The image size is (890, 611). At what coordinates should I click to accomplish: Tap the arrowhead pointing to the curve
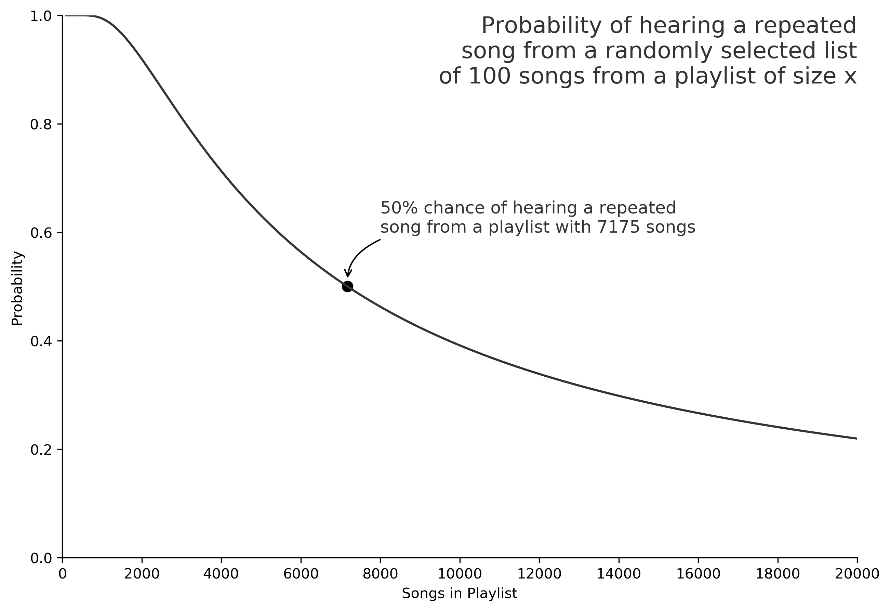point(347,274)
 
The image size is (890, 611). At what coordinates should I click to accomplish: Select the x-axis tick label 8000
point(380,574)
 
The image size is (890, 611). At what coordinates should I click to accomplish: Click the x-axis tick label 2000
point(142,574)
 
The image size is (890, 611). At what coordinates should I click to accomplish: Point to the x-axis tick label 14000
point(619,574)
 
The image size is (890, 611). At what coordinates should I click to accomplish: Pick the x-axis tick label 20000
point(857,574)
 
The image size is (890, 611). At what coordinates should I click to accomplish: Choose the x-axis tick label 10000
point(460,574)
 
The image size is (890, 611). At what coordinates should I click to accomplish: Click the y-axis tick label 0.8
point(41,125)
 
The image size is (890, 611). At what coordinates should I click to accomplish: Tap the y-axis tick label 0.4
point(41,341)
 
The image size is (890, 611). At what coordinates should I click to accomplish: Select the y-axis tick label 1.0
point(41,16)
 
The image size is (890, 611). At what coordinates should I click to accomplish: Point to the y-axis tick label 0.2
point(41,450)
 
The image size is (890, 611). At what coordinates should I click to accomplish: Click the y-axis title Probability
point(17,288)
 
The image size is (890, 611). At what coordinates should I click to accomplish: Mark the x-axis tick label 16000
point(698,574)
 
